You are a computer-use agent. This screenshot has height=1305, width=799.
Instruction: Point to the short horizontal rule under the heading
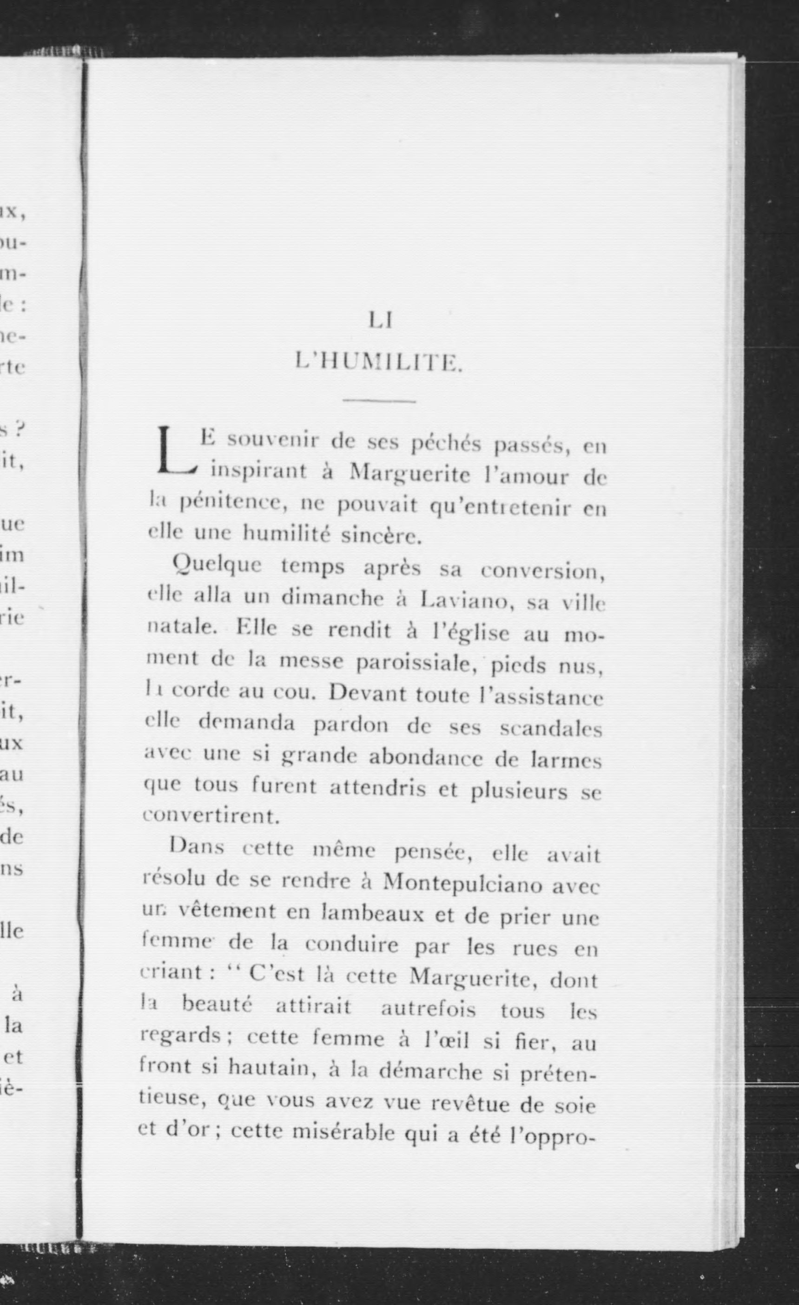click(379, 401)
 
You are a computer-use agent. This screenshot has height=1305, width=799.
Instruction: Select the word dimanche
click(332, 598)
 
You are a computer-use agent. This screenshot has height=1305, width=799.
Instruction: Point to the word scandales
click(551, 729)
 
